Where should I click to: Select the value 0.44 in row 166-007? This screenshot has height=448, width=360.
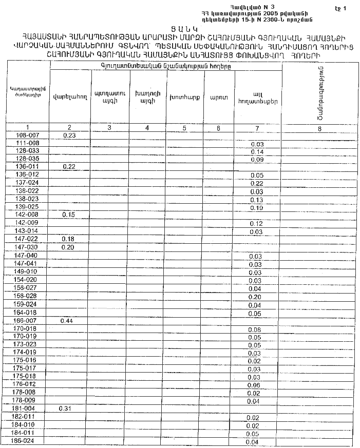68,321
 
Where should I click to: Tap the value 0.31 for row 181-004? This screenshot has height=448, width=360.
68,408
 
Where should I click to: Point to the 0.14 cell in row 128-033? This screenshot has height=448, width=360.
257,152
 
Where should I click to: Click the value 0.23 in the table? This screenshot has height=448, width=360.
69,135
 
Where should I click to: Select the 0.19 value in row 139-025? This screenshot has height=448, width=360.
256,208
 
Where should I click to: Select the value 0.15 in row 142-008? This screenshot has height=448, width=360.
69,215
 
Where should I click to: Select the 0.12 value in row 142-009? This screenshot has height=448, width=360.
256,224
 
